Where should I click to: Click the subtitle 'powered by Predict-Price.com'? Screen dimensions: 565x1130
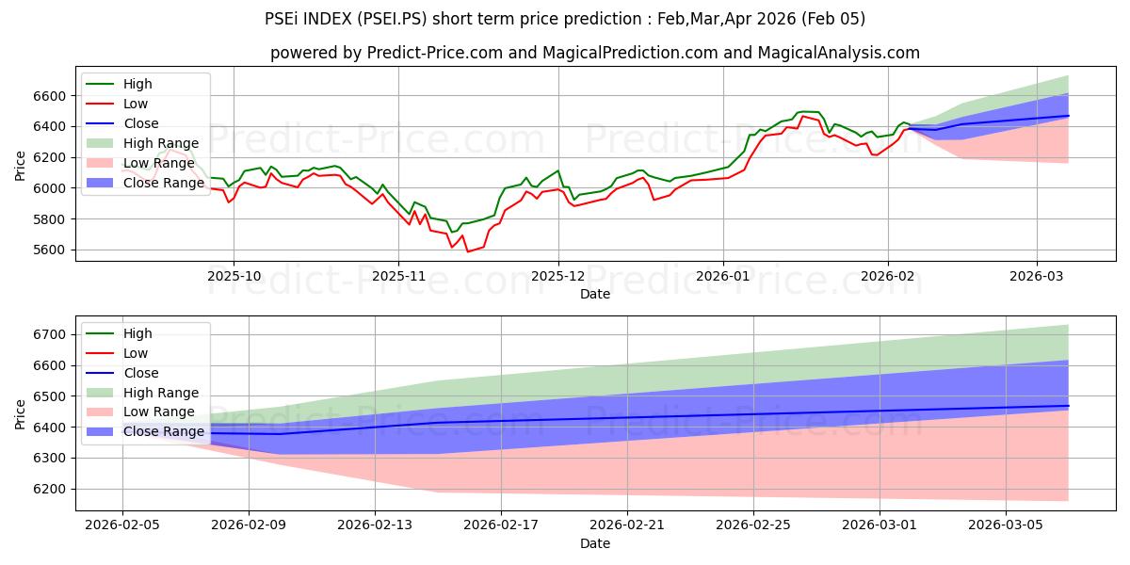[x=594, y=53]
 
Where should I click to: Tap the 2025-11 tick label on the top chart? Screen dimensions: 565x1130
[x=397, y=277]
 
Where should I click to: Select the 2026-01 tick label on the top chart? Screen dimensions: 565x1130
[x=723, y=277]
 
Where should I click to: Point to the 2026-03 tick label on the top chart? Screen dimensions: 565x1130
[x=1036, y=277]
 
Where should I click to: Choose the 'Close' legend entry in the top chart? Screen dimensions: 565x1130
[x=141, y=123]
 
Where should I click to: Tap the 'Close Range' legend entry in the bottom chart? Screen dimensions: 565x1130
[x=163, y=432]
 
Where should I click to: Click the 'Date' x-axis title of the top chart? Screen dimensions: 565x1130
[x=594, y=294]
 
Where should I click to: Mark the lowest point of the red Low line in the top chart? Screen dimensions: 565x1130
[x=467, y=251]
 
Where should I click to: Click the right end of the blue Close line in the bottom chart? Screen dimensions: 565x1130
[x=1068, y=406]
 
